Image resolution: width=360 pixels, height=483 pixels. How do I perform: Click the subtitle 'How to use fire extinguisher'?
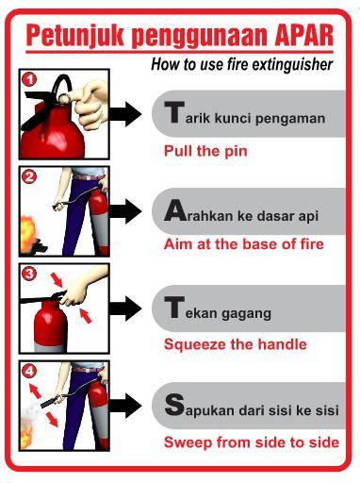point(242,64)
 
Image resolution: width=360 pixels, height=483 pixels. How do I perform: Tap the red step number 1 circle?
point(30,82)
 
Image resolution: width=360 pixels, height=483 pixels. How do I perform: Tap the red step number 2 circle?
point(29,176)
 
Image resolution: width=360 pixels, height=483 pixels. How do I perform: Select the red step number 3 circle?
point(29,275)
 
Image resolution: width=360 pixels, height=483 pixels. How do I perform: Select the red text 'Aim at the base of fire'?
point(243,244)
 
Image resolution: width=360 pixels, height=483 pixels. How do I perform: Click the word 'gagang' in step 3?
point(248,312)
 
